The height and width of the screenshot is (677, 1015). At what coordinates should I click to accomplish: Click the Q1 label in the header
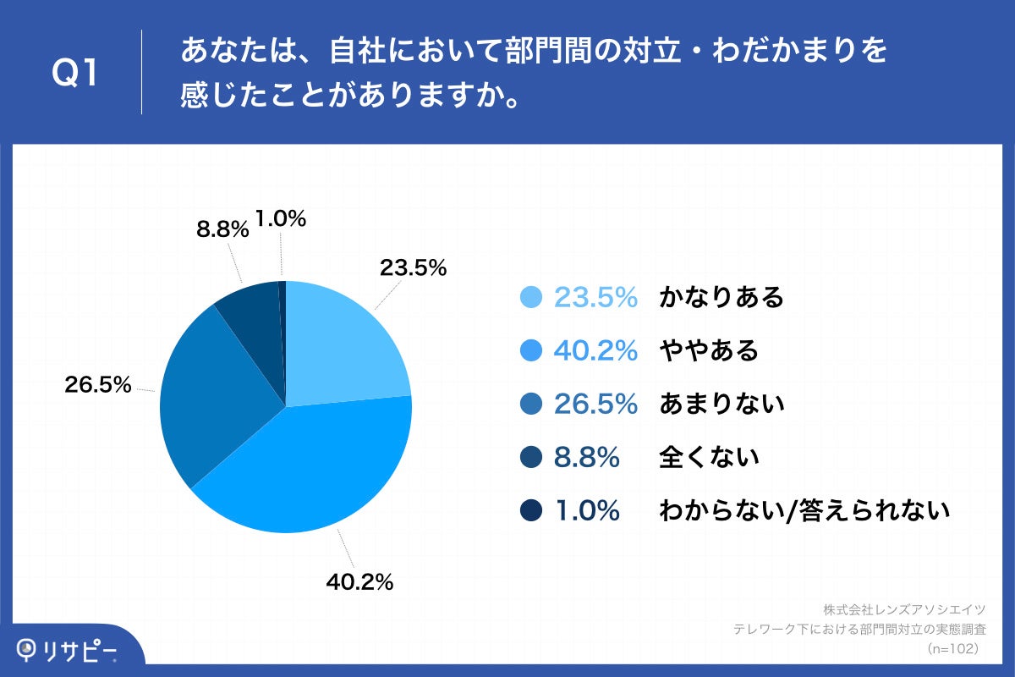(x=75, y=73)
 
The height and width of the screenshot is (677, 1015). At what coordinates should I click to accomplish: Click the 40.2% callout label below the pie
(x=359, y=582)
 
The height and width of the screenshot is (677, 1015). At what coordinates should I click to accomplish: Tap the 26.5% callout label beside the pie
(x=98, y=385)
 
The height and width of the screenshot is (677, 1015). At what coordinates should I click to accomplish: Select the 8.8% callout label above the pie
(x=222, y=228)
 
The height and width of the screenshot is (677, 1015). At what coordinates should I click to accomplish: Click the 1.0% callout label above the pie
(x=280, y=219)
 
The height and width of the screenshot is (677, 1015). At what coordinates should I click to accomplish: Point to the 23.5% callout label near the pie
(x=413, y=268)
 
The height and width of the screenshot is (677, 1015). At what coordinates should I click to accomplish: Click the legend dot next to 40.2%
(x=530, y=350)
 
